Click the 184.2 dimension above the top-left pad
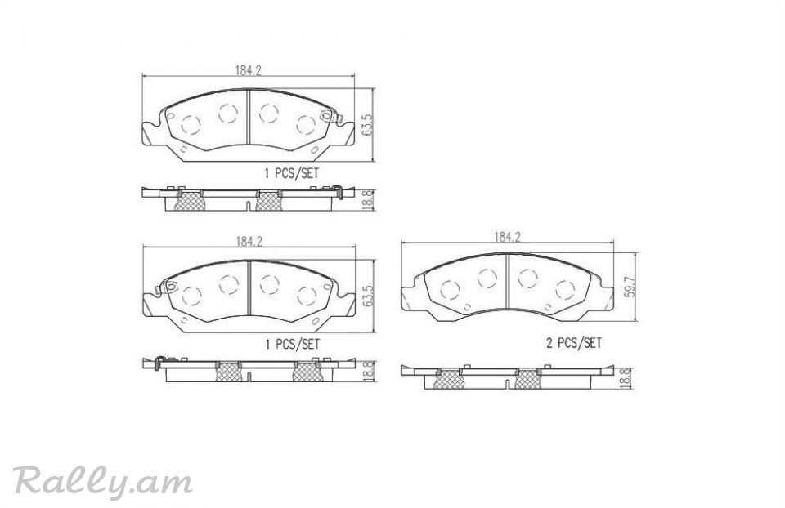pyautogui.click(x=249, y=70)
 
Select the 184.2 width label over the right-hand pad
pyautogui.click(x=508, y=237)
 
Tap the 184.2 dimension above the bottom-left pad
pyautogui.click(x=249, y=242)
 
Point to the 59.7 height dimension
pyautogui.click(x=630, y=288)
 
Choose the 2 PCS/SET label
pyautogui.click(x=574, y=343)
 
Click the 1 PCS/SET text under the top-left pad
pyautogui.click(x=291, y=173)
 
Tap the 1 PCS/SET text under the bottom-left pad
pyautogui.click(x=292, y=344)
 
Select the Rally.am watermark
pyautogui.click(x=103, y=482)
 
